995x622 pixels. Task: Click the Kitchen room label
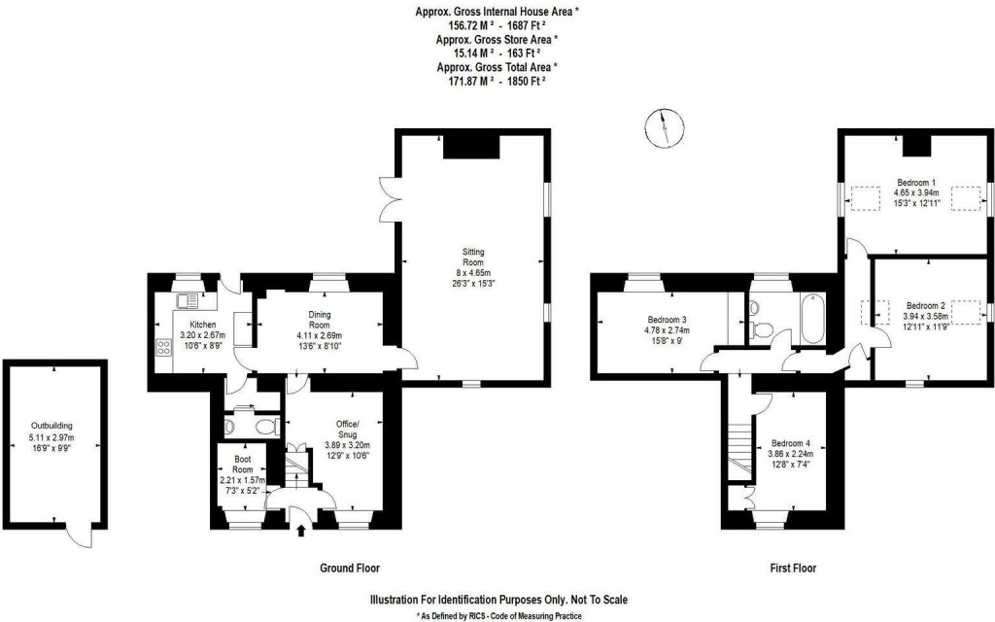[202, 325]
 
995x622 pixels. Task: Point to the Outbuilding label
[51, 426]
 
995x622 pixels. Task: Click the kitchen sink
[187, 302]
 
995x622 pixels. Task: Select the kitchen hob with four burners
[162, 347]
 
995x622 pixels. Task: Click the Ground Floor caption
[350, 569]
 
